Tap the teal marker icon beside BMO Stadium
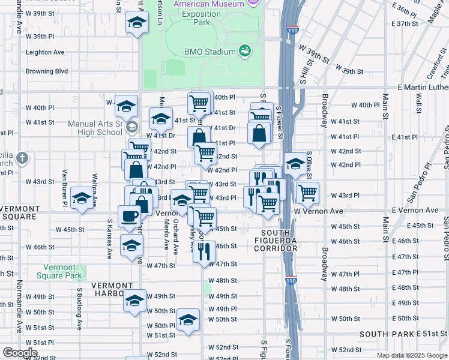pos(245,50)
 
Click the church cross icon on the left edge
pos(22,158)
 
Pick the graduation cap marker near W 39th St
pos(137,23)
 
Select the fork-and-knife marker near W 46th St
pos(204,252)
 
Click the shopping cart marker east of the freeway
pos(307,193)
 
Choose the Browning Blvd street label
pos(47,71)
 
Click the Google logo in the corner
pos(20,353)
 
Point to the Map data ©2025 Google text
pos(412,355)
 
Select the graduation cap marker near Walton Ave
pos(82,199)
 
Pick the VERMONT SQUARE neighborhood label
pos(19,212)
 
